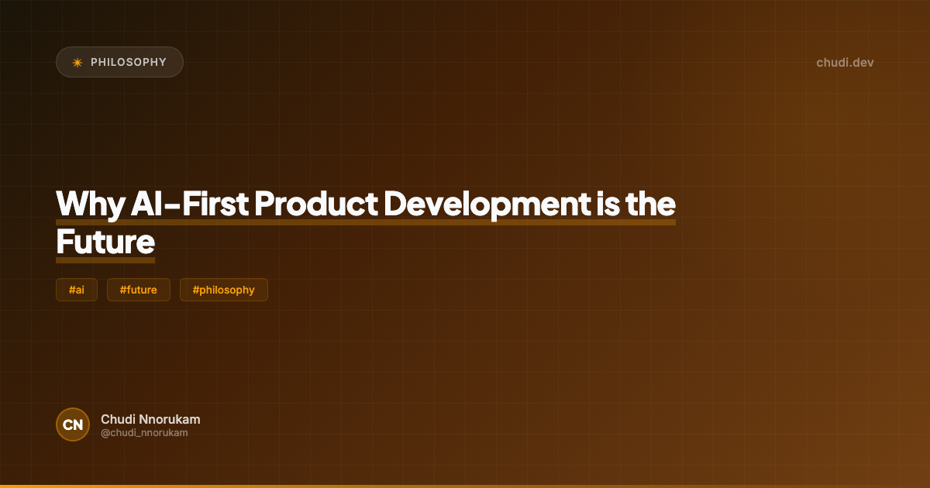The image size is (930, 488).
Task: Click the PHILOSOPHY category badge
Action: point(119,62)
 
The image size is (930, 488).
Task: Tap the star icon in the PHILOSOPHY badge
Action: point(77,62)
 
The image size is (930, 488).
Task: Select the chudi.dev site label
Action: point(845,62)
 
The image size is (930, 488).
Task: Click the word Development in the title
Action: point(487,204)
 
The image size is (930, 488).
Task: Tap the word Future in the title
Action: point(105,242)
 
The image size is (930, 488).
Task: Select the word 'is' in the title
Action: point(608,204)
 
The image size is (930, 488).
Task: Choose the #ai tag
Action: point(77,290)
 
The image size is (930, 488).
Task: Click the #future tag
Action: point(139,290)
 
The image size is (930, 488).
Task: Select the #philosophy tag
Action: point(224,290)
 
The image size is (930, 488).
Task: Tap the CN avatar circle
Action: point(73,424)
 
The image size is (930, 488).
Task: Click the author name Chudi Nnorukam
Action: point(150,419)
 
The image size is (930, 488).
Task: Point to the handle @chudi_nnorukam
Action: point(144,433)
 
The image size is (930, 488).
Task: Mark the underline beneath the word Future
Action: point(105,260)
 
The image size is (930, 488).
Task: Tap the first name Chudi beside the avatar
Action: point(116,419)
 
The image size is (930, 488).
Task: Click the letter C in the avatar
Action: point(68,424)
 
